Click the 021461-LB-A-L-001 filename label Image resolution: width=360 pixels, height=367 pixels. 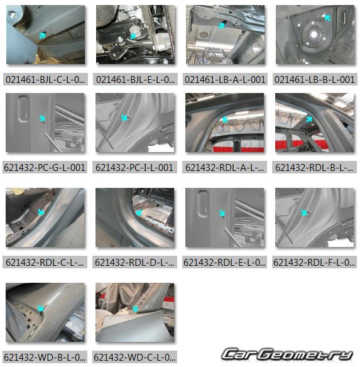[x=225, y=80]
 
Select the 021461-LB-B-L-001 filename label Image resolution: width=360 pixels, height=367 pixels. [x=315, y=80]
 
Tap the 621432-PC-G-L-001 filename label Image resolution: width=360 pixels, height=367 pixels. [x=45, y=168]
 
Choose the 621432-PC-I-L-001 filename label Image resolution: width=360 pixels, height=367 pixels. [x=134, y=168]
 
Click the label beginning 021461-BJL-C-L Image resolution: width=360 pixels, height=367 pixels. [x=45, y=80]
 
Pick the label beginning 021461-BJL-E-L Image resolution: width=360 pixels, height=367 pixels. [x=135, y=80]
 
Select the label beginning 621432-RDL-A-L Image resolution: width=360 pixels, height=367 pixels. [x=224, y=168]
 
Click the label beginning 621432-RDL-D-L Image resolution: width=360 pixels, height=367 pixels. [x=134, y=263]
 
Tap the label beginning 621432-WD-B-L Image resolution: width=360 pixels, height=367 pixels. [x=45, y=358]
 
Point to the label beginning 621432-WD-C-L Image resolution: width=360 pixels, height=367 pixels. [x=134, y=358]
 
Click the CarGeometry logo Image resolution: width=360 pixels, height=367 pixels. [x=287, y=354]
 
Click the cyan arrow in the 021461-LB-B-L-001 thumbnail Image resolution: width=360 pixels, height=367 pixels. [x=327, y=18]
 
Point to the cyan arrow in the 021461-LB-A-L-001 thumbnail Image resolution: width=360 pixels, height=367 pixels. [x=221, y=26]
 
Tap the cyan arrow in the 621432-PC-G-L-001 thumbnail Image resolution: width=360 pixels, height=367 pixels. [x=42, y=118]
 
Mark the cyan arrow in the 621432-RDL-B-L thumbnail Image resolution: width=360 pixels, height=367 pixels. [x=309, y=119]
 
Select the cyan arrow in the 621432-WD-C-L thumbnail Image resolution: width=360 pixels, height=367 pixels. [x=135, y=309]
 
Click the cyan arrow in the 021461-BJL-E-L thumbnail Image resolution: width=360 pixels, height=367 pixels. [x=133, y=36]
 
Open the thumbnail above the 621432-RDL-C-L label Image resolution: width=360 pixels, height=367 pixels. [x=45, y=217]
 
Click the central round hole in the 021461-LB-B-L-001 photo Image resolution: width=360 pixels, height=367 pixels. [x=314, y=35]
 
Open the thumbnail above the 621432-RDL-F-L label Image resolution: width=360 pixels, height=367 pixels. [x=315, y=217]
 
